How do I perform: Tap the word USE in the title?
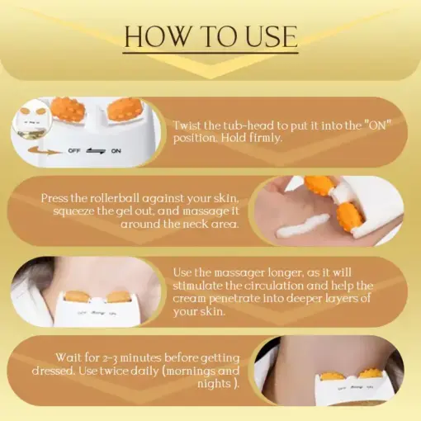coord(267,36)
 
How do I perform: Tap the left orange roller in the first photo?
coord(69,109)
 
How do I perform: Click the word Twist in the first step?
coord(188,124)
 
